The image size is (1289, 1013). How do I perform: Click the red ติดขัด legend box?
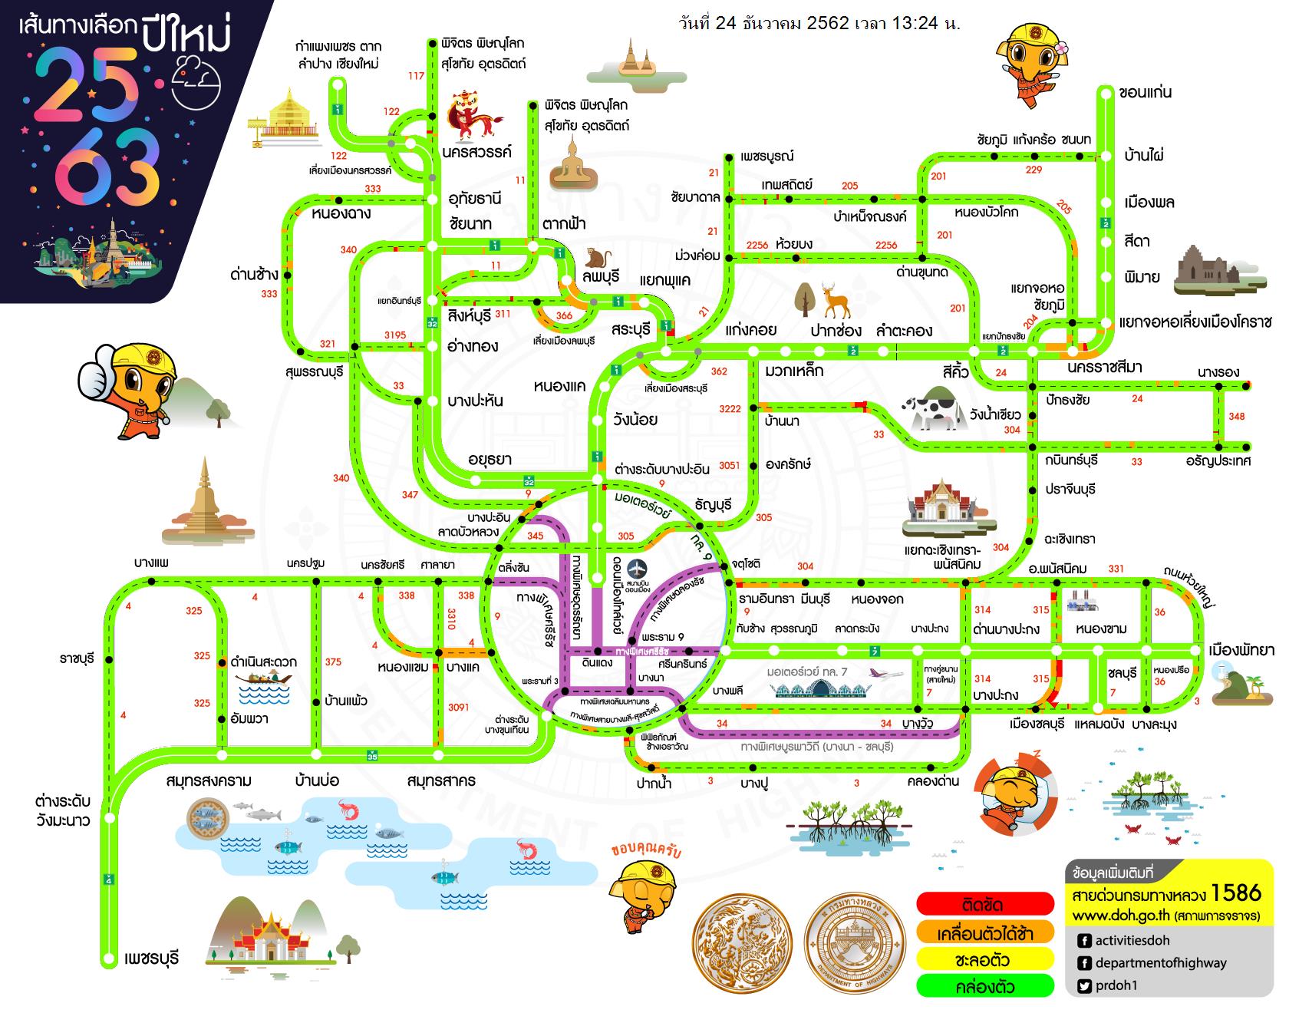[x=986, y=904]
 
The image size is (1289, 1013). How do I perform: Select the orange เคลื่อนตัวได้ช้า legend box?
[x=986, y=932]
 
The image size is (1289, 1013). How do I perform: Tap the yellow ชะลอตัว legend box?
[x=986, y=959]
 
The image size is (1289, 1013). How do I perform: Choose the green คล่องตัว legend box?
[x=986, y=986]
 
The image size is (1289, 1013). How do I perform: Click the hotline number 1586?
[x=1236, y=893]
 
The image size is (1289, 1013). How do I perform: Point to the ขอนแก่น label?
[x=1146, y=93]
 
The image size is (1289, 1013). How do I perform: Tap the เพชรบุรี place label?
[x=151, y=959]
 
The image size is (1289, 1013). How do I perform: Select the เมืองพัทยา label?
[x=1241, y=650]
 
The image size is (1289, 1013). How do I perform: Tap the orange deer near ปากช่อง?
[x=836, y=301]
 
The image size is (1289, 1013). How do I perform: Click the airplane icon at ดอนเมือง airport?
[x=638, y=569]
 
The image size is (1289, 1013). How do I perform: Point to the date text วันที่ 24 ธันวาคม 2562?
[x=763, y=23]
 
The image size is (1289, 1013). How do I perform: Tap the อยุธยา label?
[x=490, y=459]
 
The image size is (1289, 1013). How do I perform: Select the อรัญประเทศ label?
[x=1218, y=460]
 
